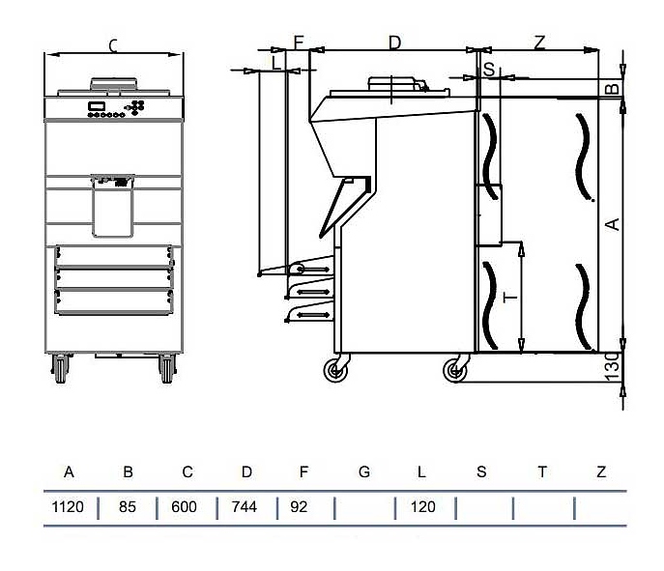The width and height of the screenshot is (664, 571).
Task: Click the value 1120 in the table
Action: click(68, 506)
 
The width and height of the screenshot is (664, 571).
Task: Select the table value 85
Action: click(127, 506)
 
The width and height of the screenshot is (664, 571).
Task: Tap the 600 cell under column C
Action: click(185, 506)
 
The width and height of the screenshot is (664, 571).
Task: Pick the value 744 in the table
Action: click(245, 506)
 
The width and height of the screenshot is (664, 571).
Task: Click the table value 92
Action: click(299, 506)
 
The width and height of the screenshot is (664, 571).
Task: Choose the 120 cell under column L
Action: click(422, 506)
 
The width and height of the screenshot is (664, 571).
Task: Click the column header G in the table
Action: click(364, 471)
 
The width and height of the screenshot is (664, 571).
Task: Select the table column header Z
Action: click(601, 471)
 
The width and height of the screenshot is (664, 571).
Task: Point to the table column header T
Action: click(542, 471)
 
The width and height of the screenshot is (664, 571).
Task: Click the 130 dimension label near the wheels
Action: click(613, 366)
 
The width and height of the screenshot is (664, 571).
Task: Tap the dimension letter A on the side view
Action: click(613, 224)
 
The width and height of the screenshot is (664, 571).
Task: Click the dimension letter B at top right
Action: click(613, 89)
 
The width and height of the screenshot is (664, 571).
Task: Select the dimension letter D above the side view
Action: click(394, 43)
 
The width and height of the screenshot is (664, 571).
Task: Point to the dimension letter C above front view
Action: click(113, 45)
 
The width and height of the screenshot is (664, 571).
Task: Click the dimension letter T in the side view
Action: click(510, 298)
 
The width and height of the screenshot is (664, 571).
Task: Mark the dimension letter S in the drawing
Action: click(489, 69)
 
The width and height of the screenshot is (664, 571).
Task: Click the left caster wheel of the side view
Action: click(335, 371)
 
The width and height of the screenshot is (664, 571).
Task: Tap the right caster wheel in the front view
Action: click(167, 368)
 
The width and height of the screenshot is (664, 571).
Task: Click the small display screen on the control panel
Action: click(96, 106)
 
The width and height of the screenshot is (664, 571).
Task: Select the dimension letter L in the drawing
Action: click(276, 64)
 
